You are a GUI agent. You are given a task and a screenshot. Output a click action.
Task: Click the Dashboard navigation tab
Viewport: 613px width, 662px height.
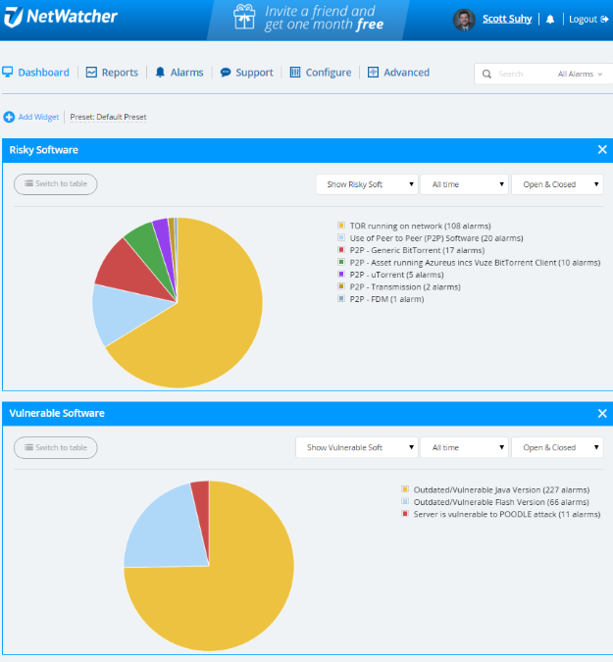point(36,73)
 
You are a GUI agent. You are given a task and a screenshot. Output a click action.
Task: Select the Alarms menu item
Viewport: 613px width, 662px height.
point(179,73)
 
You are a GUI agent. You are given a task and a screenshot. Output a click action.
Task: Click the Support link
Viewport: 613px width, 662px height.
point(247,73)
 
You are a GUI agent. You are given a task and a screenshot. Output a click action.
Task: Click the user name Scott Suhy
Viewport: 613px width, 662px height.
point(506,20)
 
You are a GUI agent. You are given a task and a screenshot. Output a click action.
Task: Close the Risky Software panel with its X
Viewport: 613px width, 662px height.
point(602,150)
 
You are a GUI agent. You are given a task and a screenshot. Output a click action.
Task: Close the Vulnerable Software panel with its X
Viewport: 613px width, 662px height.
point(602,414)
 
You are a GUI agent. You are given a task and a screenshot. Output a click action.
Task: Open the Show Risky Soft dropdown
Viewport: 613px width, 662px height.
point(366,184)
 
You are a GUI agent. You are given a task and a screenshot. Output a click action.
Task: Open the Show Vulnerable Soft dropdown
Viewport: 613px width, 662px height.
point(356,447)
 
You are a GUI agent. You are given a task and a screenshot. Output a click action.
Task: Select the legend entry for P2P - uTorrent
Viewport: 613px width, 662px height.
point(390,275)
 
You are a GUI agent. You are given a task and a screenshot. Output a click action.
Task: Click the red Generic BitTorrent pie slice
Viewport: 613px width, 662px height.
point(123,263)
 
